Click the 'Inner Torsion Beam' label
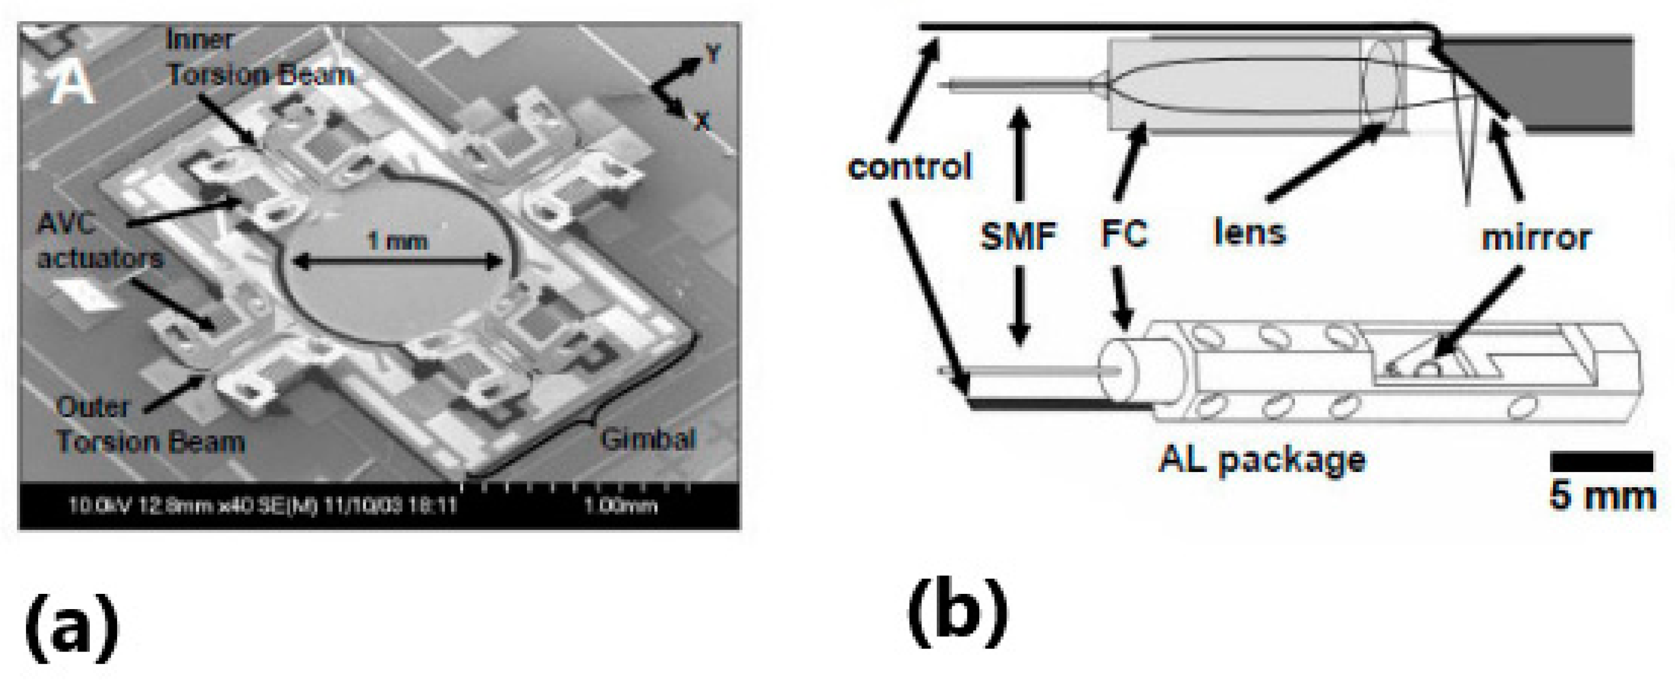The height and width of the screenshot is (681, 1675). click(260, 59)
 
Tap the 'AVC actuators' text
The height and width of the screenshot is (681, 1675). click(100, 241)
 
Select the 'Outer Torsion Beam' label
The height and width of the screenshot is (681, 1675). click(150, 425)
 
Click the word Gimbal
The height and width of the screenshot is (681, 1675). click(648, 440)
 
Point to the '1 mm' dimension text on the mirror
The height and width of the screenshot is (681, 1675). click(397, 242)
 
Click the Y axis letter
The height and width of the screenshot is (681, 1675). click(713, 53)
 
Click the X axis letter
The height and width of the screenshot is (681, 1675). click(702, 120)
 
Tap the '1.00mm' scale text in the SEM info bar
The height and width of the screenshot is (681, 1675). click(619, 505)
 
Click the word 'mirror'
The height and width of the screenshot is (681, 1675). click(1536, 237)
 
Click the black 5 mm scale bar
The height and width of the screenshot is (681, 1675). click(1601, 462)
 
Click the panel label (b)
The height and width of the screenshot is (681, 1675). click(958, 611)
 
